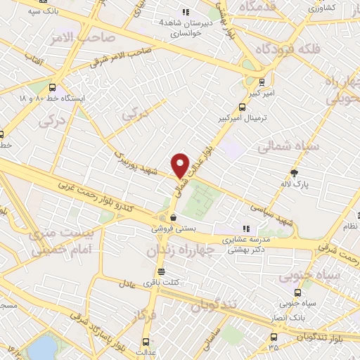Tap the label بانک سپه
(44, 11)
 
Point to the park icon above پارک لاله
(294, 175)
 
